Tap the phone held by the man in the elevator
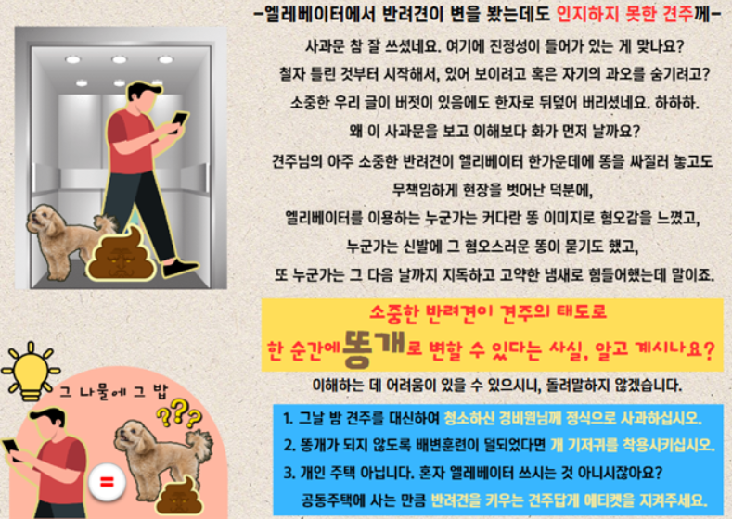[x=180, y=119]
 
